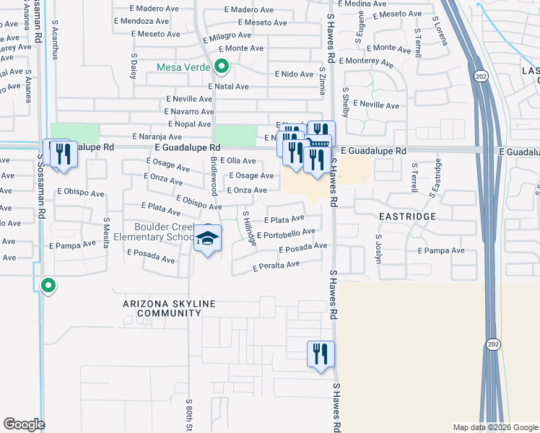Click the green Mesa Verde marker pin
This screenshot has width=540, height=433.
pyautogui.click(x=222, y=69)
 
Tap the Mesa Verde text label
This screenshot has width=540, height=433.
pyautogui.click(x=184, y=69)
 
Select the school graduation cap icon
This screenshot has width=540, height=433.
pyautogui.click(x=207, y=239)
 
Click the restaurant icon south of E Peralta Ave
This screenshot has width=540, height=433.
pyautogui.click(x=321, y=355)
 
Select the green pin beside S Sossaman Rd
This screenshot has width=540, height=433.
pyautogui.click(x=48, y=286)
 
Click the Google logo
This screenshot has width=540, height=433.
pyautogui.click(x=24, y=424)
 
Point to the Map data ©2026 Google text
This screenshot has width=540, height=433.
pyautogui.click(x=495, y=427)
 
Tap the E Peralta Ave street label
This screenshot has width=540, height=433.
pyautogui.click(x=276, y=266)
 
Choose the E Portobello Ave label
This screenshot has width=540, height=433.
pyautogui.click(x=286, y=234)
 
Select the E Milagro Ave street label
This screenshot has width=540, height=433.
pyautogui.click(x=227, y=36)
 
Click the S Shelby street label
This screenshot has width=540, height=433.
pyautogui.click(x=346, y=102)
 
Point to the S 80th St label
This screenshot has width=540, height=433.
pyautogui.click(x=188, y=414)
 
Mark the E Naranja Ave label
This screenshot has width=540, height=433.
pyautogui.click(x=157, y=136)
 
